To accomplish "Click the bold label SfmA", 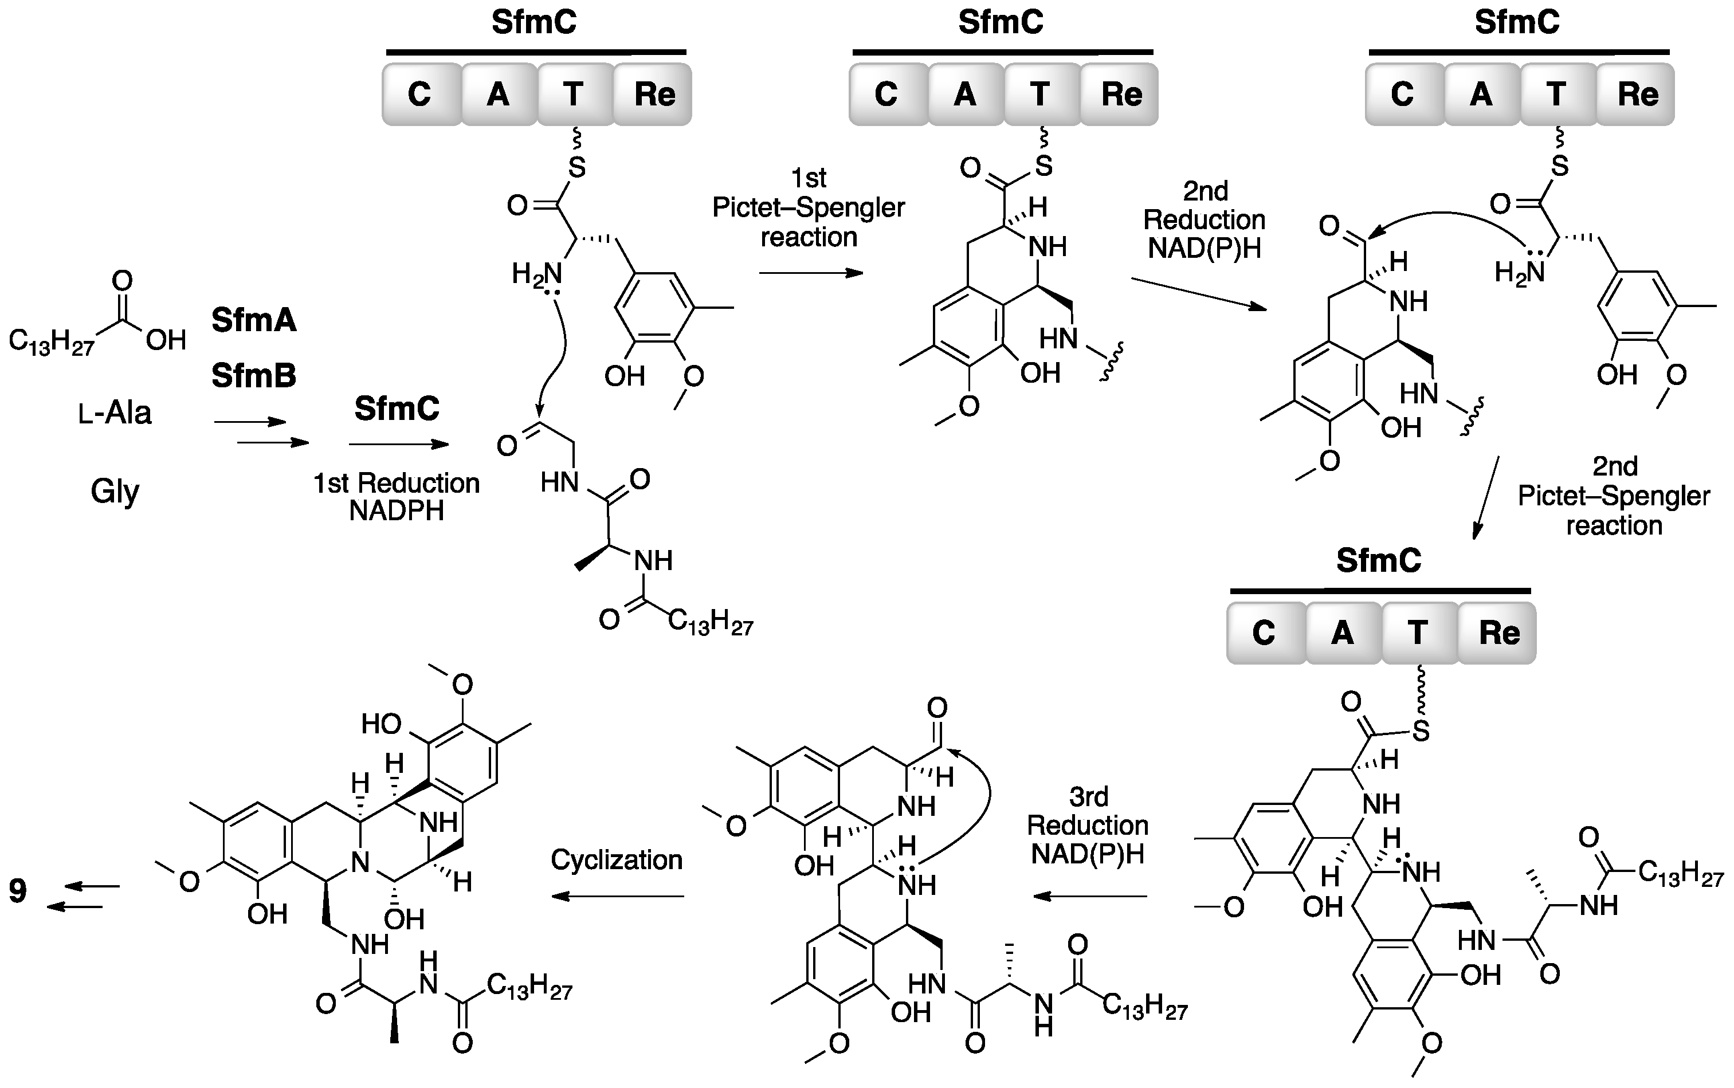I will [x=253, y=320].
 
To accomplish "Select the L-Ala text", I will [x=115, y=413].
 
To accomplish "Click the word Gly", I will [x=115, y=492].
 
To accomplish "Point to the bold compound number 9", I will [x=18, y=891].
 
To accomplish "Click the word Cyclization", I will [x=617, y=860].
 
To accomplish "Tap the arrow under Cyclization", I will [x=617, y=897].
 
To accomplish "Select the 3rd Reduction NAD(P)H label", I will [x=1087, y=826].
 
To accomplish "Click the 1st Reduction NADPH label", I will [x=397, y=497].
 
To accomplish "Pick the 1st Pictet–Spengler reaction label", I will [x=808, y=207].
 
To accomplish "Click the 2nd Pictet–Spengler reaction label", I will [x=1614, y=496].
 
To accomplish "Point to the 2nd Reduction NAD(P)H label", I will [x=1205, y=219].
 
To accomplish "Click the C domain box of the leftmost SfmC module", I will [x=419, y=95].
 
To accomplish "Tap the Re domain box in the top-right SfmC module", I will [x=1638, y=95].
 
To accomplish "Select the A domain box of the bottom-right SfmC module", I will [x=1343, y=633].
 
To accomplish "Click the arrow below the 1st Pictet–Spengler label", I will [x=811, y=273].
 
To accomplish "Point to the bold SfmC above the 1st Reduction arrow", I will [x=397, y=409].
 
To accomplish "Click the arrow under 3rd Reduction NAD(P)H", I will [x=1089, y=897].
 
